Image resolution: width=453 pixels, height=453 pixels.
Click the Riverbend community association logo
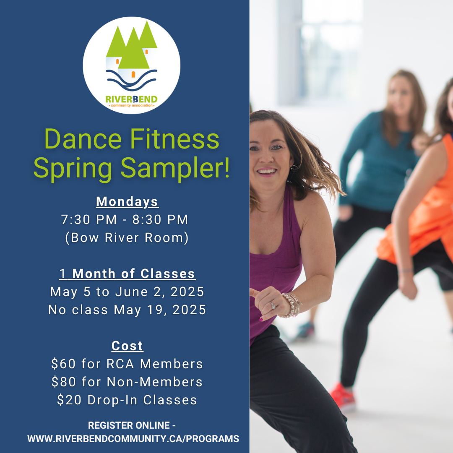[132, 65]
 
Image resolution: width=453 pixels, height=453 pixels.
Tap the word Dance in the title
[83, 139]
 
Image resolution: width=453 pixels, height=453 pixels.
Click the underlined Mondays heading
[127, 202]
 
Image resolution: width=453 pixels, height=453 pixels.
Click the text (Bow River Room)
[127, 238]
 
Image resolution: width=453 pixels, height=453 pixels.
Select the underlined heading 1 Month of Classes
[128, 273]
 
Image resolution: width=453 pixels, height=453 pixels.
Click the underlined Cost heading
[128, 346]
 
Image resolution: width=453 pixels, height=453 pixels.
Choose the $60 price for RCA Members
[63, 364]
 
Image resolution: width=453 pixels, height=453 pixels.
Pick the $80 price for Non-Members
[64, 382]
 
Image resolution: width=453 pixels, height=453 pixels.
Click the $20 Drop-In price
[69, 400]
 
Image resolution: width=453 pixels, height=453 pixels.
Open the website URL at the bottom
[133, 439]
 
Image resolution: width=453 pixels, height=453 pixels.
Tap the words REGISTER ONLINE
[129, 425]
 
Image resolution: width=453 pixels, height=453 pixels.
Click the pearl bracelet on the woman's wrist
[292, 305]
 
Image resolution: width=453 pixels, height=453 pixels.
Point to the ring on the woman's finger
[273, 305]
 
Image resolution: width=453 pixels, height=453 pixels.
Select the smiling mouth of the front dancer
[267, 172]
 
